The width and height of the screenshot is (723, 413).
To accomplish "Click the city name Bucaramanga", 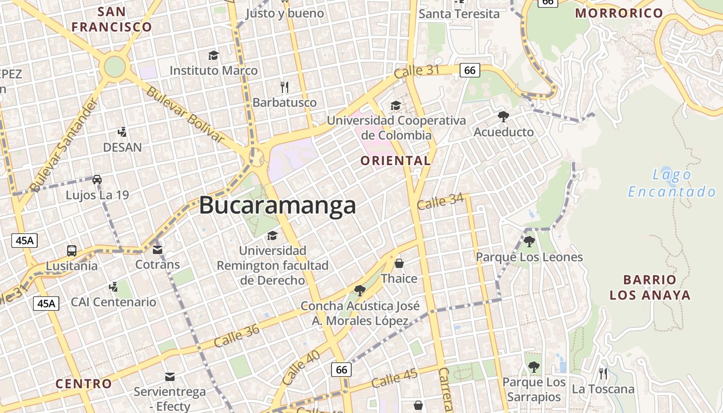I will tap(277, 205).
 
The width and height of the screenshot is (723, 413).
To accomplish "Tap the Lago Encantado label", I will tap(672, 183).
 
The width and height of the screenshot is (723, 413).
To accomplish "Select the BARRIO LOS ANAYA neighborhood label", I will tap(650, 288).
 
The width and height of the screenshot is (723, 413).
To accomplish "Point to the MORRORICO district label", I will tap(619, 13).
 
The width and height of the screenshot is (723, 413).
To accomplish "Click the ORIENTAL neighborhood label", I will tap(396, 161).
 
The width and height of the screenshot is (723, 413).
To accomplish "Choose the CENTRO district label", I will tap(83, 384).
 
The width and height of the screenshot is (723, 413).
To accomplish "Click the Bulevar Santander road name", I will tap(64, 145).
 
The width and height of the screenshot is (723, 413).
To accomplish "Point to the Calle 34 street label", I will tap(440, 201).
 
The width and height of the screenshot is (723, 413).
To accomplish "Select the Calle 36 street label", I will tap(237, 335).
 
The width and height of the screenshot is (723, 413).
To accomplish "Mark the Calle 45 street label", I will tap(394, 378).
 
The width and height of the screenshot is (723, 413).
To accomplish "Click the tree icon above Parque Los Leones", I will tap(529, 241).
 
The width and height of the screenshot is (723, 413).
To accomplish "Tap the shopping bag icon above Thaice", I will tap(399, 264).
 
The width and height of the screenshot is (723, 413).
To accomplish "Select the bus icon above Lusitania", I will tap(72, 251).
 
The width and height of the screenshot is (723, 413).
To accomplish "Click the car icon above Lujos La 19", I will tap(97, 180).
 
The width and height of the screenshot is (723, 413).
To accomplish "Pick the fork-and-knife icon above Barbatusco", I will tap(284, 87).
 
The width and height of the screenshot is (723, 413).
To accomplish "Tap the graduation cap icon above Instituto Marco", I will tap(213, 55).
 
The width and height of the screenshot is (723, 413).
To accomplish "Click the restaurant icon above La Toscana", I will tap(603, 373).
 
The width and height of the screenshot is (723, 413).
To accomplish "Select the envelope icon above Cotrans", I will tap(158, 250).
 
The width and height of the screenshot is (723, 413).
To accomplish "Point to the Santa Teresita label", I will tap(459, 14).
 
